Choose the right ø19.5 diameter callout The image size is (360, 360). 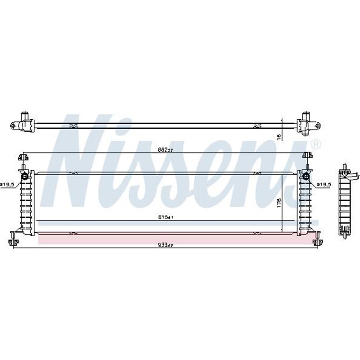coord(324,184)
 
